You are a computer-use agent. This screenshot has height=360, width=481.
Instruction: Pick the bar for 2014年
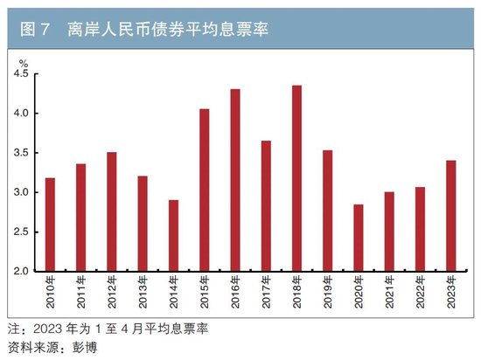(173, 235)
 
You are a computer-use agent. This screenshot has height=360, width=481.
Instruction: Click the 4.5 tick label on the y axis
(20, 74)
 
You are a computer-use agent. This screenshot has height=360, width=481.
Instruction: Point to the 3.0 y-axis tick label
(20, 192)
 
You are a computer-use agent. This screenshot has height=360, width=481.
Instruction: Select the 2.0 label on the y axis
(20, 271)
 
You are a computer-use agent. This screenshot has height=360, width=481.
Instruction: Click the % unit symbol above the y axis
(24, 62)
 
